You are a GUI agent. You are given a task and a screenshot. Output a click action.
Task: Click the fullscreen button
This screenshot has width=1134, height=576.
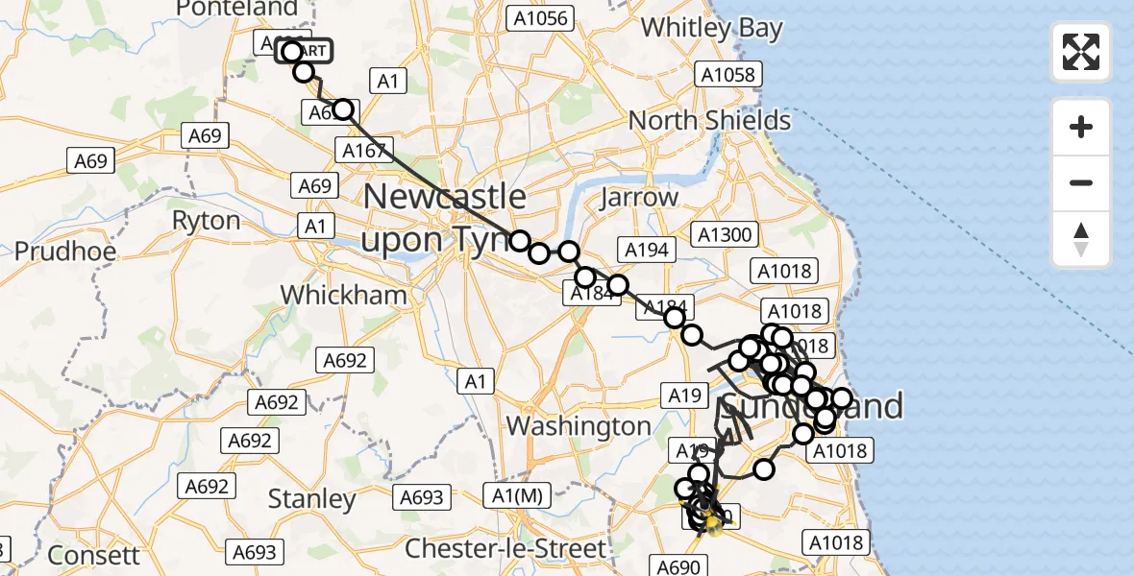click(1081, 51)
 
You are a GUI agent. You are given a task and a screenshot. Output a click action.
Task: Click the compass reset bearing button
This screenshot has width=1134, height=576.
click(1081, 239)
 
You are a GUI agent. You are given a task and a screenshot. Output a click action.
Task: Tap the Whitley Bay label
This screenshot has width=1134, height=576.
click(711, 28)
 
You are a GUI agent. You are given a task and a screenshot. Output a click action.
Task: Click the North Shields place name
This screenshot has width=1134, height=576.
click(709, 121)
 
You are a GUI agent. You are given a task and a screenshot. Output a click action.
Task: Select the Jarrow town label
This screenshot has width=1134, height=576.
click(638, 198)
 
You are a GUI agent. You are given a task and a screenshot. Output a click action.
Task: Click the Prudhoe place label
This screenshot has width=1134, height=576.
click(65, 252)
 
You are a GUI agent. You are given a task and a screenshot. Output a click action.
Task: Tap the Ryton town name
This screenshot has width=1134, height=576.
click(205, 221)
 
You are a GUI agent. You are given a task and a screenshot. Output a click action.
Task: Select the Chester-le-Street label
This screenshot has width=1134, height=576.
click(506, 549)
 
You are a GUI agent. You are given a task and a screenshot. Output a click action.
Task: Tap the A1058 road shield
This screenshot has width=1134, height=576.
click(730, 74)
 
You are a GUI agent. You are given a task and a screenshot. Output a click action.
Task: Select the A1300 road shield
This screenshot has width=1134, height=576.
click(727, 234)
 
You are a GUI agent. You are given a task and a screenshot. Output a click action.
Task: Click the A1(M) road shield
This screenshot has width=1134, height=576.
click(517, 495)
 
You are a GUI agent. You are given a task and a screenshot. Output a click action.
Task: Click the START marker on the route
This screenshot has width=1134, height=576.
click(306, 51)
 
